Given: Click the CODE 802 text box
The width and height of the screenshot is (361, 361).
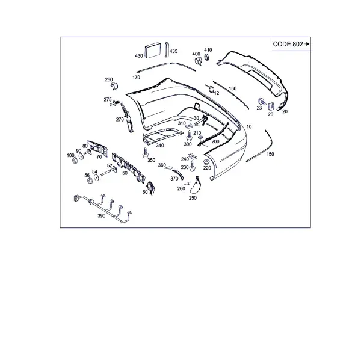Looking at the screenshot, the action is click(291, 44).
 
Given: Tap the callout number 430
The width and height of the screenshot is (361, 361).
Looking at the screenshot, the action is click(139, 56).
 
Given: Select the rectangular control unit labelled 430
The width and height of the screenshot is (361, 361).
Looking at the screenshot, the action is click(153, 51).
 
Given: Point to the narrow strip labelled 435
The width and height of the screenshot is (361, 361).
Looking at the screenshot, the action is click(167, 49).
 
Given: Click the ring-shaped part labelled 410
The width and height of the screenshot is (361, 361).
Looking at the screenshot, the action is click(207, 57).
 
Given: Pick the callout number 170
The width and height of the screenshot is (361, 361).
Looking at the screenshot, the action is click(136, 78).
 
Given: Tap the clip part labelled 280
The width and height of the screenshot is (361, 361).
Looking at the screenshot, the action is click(114, 86).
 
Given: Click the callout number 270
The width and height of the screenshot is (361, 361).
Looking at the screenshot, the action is click(120, 120).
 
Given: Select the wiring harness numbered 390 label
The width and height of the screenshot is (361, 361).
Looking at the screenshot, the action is click(102, 216).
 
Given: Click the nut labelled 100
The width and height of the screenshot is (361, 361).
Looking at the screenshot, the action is click(75, 160).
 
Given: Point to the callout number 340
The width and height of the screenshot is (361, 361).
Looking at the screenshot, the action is click(160, 146).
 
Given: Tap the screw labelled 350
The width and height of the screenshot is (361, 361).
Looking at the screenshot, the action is click(146, 152).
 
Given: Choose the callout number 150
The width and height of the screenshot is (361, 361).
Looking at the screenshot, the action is click(270, 154).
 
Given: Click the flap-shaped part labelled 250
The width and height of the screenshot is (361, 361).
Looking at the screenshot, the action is click(195, 185).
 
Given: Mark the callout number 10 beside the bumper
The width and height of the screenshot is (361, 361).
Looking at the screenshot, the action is click(249, 126).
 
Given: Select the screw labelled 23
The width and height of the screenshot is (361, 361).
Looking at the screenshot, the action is click(262, 101).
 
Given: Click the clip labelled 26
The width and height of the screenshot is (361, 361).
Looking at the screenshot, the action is click(271, 106).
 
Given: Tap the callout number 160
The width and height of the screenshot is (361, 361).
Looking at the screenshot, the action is click(232, 88).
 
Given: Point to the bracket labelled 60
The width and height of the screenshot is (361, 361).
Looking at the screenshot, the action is click(151, 188).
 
